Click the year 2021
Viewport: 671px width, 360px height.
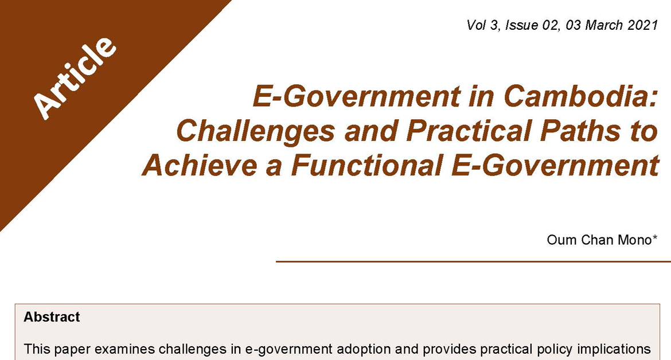click(643, 25)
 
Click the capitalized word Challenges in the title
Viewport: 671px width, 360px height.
click(255, 131)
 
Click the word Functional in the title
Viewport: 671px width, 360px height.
click(366, 165)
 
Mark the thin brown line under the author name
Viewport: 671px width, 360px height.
click(473, 261)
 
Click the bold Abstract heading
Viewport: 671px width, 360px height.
click(52, 317)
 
